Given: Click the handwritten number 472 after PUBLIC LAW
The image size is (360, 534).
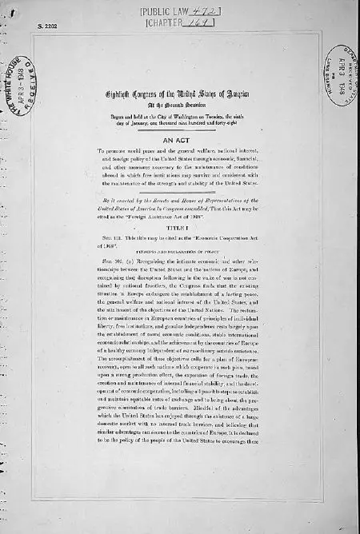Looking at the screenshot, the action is [x=204, y=10].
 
